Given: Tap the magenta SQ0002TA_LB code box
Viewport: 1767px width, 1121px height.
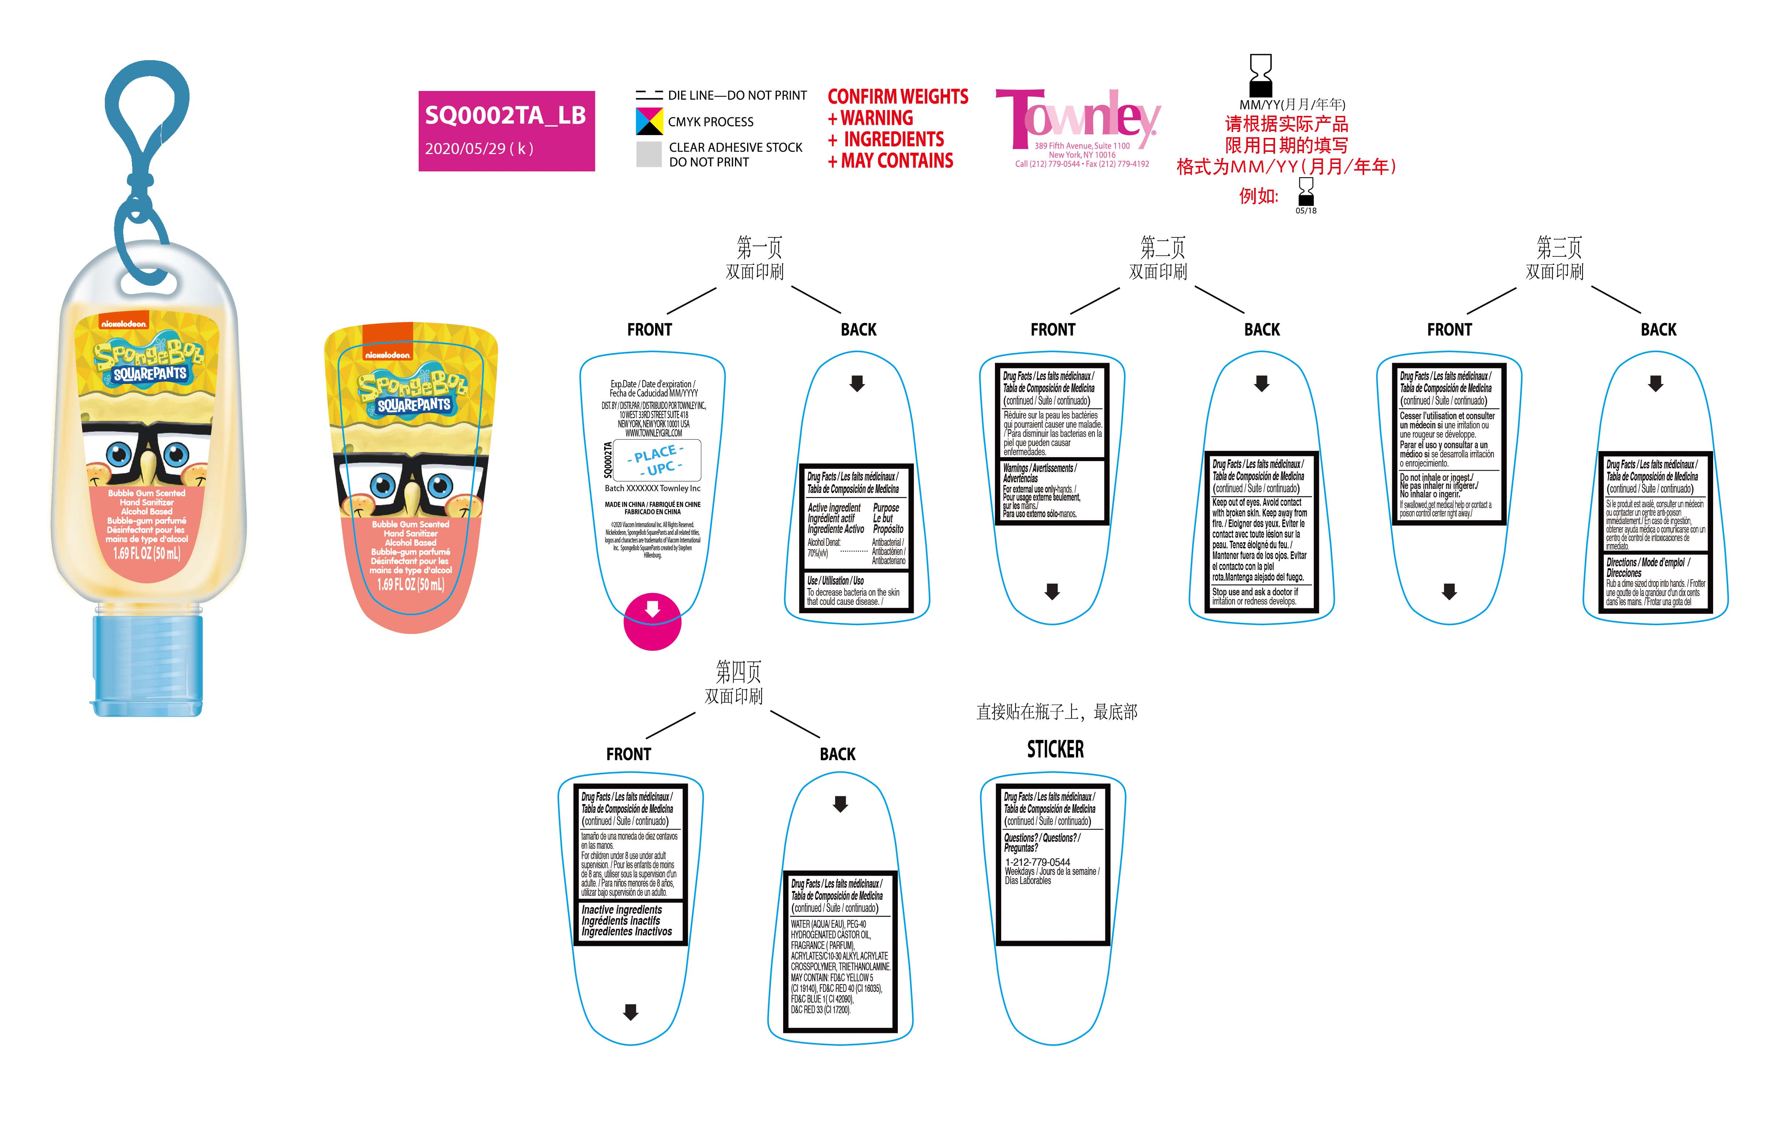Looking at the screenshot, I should coord(506,131).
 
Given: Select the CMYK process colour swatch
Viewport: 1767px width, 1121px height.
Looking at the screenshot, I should coord(649,121).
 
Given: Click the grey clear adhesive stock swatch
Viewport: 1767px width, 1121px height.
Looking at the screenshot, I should coord(649,154).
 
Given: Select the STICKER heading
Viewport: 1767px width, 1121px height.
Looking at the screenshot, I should coord(1055,749).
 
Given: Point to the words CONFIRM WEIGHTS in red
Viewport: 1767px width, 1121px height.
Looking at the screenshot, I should coord(897,97).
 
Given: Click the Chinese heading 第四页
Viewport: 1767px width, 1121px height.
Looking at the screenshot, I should coord(738,671).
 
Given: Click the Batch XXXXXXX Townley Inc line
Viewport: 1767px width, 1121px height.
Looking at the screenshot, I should coord(652,488).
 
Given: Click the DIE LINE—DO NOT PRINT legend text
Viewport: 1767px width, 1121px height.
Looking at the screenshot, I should coord(737,95).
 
